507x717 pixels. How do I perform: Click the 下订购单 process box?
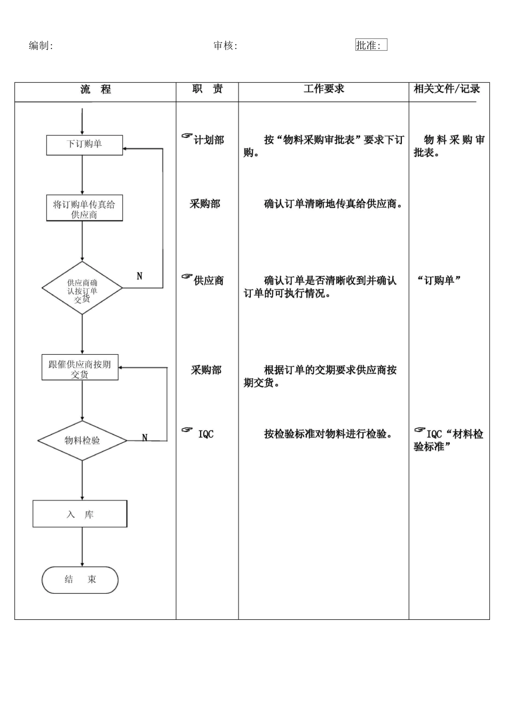[x=84, y=145]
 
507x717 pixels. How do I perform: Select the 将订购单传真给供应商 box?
[x=84, y=209]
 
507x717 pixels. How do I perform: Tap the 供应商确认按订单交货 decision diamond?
[x=82, y=289]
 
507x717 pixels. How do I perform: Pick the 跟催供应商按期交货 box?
[x=80, y=368]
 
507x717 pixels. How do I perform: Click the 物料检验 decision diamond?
[x=82, y=441]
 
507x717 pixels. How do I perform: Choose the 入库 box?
[x=80, y=514]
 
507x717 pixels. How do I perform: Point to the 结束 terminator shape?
[x=80, y=580]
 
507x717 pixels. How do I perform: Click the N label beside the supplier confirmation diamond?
[x=140, y=276]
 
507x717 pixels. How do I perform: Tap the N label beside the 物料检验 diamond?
[x=145, y=438]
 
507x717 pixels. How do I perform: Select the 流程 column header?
[x=96, y=90]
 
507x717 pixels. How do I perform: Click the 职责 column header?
[x=208, y=89]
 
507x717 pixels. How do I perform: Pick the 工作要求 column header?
[x=323, y=89]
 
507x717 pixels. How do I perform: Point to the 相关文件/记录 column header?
[x=447, y=89]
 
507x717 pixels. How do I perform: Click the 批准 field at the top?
[x=371, y=45]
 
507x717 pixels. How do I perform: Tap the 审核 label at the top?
[x=225, y=46]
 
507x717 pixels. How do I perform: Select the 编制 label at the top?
[x=41, y=46]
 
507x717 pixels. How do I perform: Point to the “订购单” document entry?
[x=439, y=281]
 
